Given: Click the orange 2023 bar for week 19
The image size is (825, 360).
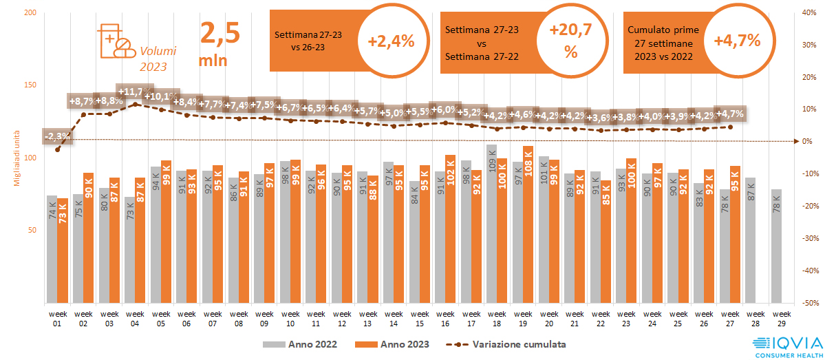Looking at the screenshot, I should tap(528, 224).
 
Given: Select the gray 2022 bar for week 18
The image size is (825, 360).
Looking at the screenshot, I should tap(491, 224).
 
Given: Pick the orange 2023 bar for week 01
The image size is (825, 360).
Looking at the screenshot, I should tap(63, 251).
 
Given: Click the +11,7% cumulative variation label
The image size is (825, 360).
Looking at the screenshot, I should tap(135, 92).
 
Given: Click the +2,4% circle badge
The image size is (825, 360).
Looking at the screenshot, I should tap(391, 41).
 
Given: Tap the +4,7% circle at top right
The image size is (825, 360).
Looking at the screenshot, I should tap(737, 41).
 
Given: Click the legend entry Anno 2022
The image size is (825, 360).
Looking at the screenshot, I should tap(302, 343).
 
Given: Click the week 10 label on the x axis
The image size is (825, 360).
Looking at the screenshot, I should tap(290, 318).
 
